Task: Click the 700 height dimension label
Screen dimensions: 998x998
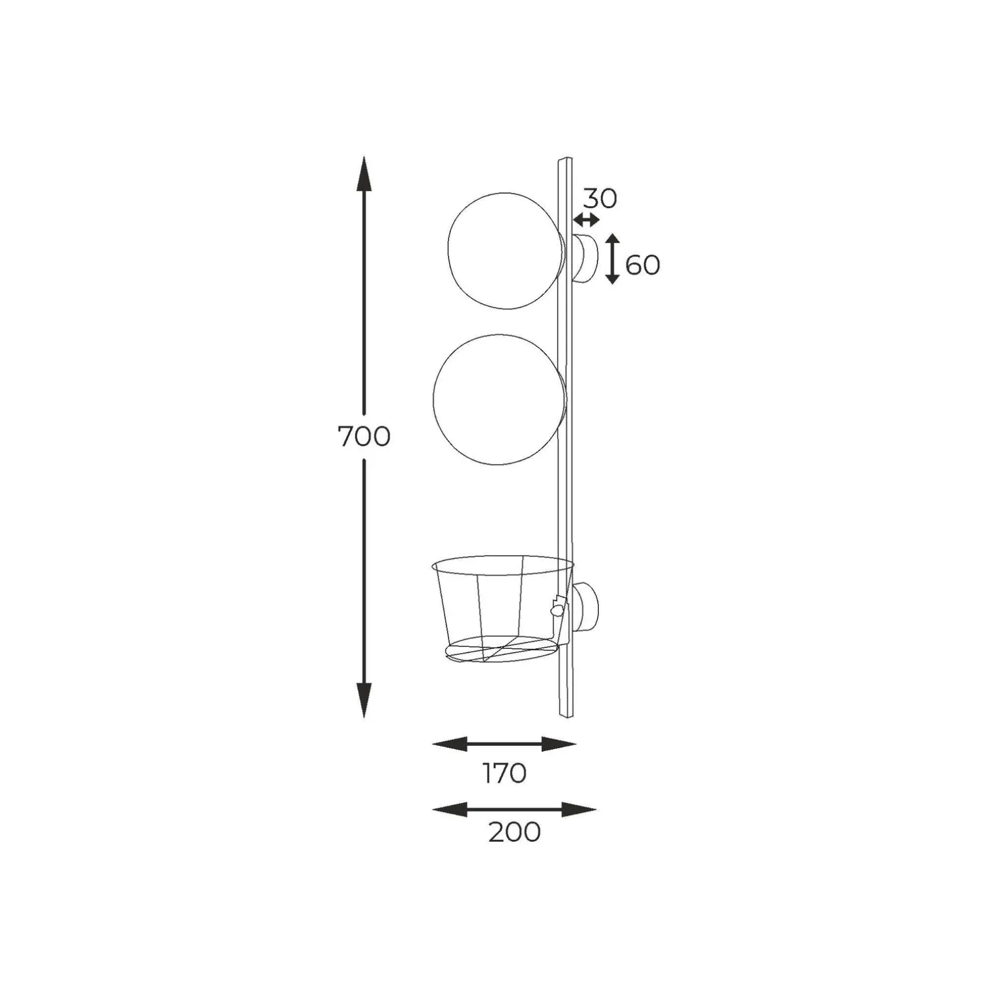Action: pyautogui.click(x=364, y=437)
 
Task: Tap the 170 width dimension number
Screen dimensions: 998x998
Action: pyautogui.click(x=504, y=773)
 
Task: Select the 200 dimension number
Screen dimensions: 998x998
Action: pyautogui.click(x=515, y=832)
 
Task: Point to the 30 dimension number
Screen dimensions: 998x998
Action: pyautogui.click(x=600, y=198)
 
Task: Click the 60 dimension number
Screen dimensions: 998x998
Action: pyautogui.click(x=643, y=265)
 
